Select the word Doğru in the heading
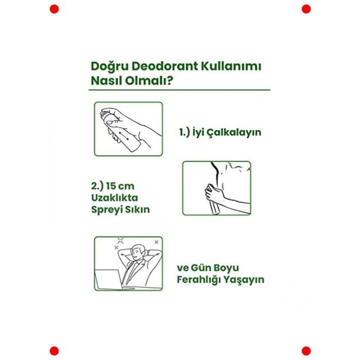[x=107, y=67]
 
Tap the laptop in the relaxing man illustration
[x=108, y=278]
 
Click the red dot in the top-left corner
[x=54, y=9]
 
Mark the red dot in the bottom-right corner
[x=306, y=351]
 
